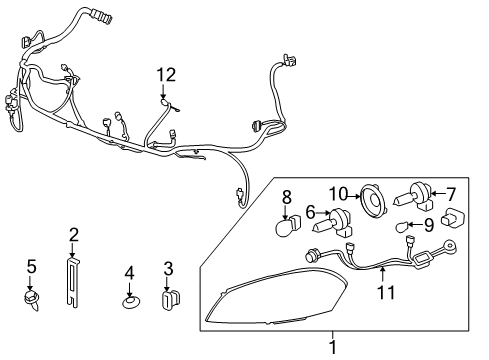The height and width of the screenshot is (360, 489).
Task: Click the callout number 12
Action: point(165,74)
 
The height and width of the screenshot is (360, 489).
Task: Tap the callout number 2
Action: point(73,235)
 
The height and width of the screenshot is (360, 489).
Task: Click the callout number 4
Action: point(129,272)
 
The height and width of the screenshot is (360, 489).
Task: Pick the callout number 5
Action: point(31,266)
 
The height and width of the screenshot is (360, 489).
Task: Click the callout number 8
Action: point(286,199)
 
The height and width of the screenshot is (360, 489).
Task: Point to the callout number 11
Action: point(385,294)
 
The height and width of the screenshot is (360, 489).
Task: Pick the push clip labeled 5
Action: point(31,299)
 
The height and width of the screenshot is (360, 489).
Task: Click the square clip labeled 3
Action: point(169,297)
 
